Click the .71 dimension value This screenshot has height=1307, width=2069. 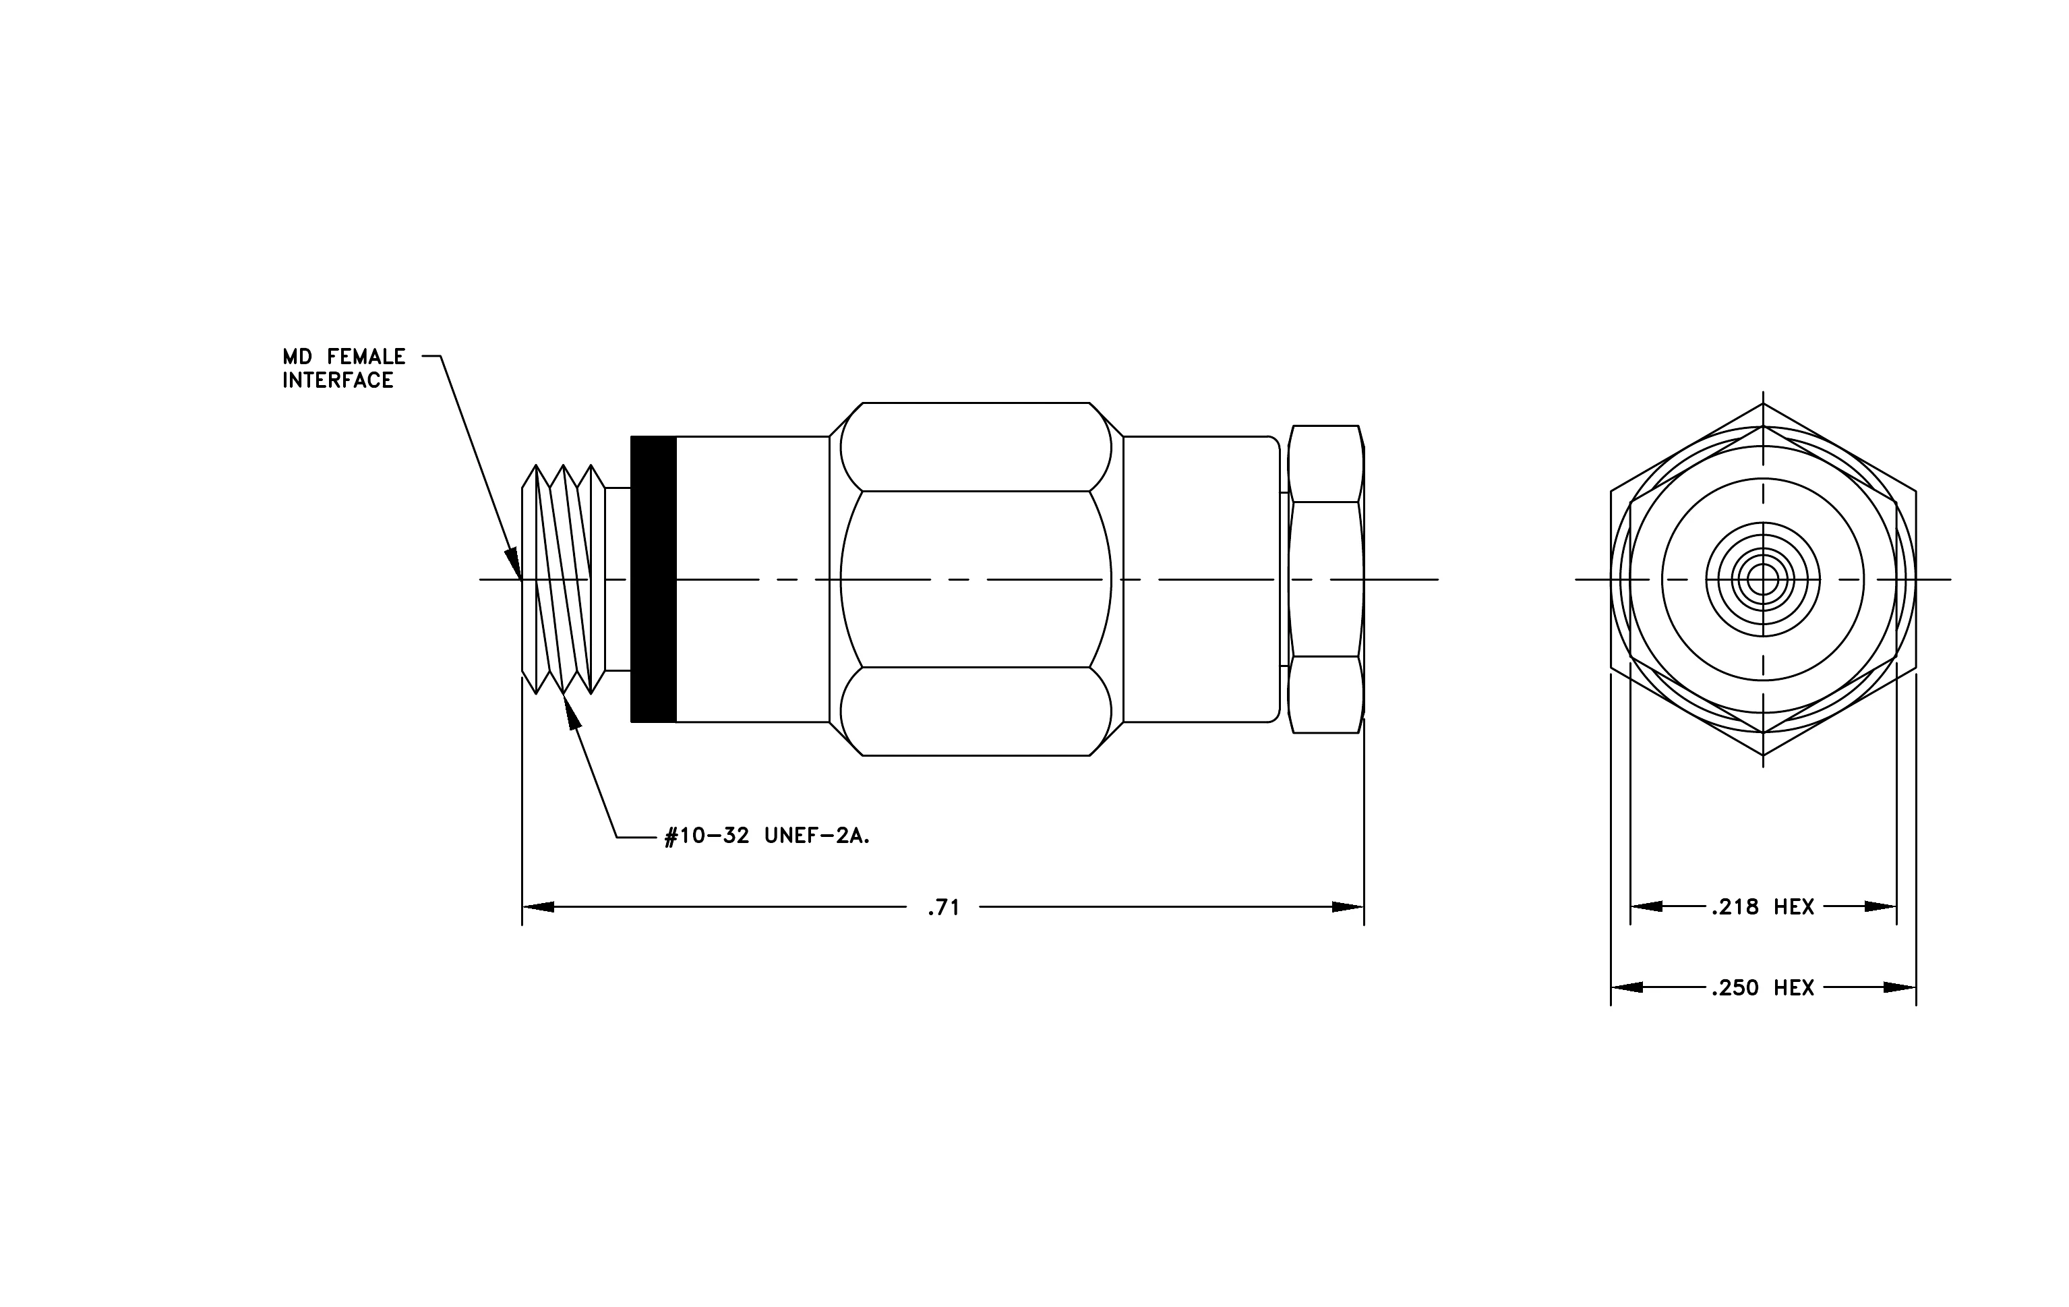942,908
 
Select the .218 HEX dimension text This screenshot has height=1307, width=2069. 1762,906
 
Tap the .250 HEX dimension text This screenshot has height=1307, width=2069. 1762,987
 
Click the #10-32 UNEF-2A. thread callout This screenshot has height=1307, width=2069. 767,836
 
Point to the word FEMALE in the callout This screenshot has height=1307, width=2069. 366,357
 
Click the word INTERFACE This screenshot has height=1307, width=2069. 338,380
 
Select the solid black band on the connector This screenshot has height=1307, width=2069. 653,579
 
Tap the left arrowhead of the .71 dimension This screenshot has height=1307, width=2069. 538,906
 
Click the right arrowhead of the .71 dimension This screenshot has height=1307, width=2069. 1348,906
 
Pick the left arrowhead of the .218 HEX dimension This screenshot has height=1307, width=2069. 1646,906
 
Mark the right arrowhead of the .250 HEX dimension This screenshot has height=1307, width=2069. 1900,987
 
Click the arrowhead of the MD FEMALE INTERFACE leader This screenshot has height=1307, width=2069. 514,563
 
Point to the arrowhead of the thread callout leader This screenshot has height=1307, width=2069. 572,711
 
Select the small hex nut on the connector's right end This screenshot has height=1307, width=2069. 1327,579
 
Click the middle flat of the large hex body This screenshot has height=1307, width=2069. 976,579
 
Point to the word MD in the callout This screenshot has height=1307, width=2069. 297,357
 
